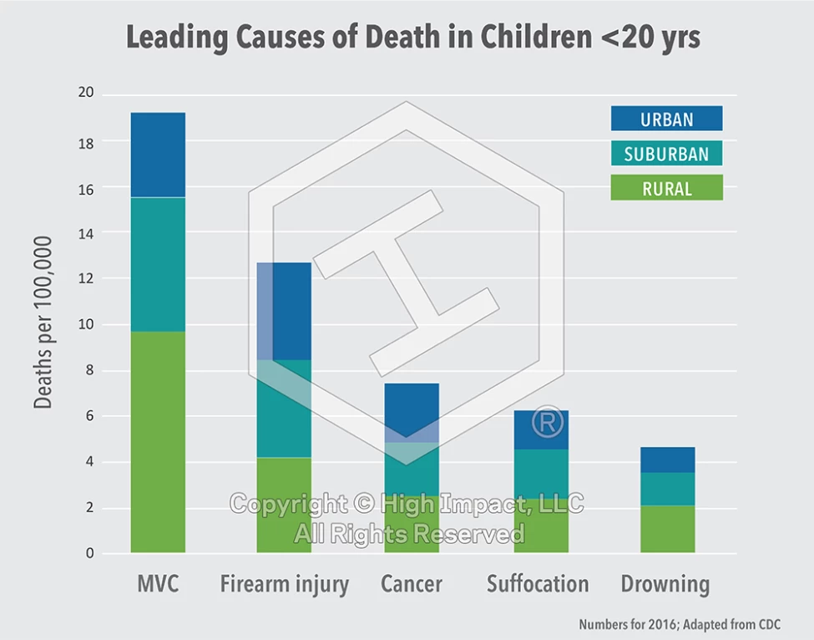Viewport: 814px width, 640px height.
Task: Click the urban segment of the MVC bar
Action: click(x=158, y=155)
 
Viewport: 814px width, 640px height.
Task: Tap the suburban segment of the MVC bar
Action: click(x=158, y=264)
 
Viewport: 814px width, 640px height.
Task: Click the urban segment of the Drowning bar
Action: click(x=667, y=460)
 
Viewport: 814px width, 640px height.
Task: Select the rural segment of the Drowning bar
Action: click(x=667, y=528)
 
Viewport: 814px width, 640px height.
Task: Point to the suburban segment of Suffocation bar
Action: click(x=541, y=474)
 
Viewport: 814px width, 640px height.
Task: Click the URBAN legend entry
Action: click(x=666, y=119)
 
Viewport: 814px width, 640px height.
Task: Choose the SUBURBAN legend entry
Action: click(x=666, y=154)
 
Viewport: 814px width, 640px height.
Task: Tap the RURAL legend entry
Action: click(x=666, y=188)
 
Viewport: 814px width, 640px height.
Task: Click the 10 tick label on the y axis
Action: click(x=86, y=324)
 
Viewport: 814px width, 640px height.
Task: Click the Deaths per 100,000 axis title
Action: click(x=43, y=323)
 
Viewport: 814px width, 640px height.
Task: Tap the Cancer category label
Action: click(x=411, y=583)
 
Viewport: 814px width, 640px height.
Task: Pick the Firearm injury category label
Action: click(x=284, y=584)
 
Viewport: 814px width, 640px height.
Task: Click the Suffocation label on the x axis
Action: click(x=538, y=583)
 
